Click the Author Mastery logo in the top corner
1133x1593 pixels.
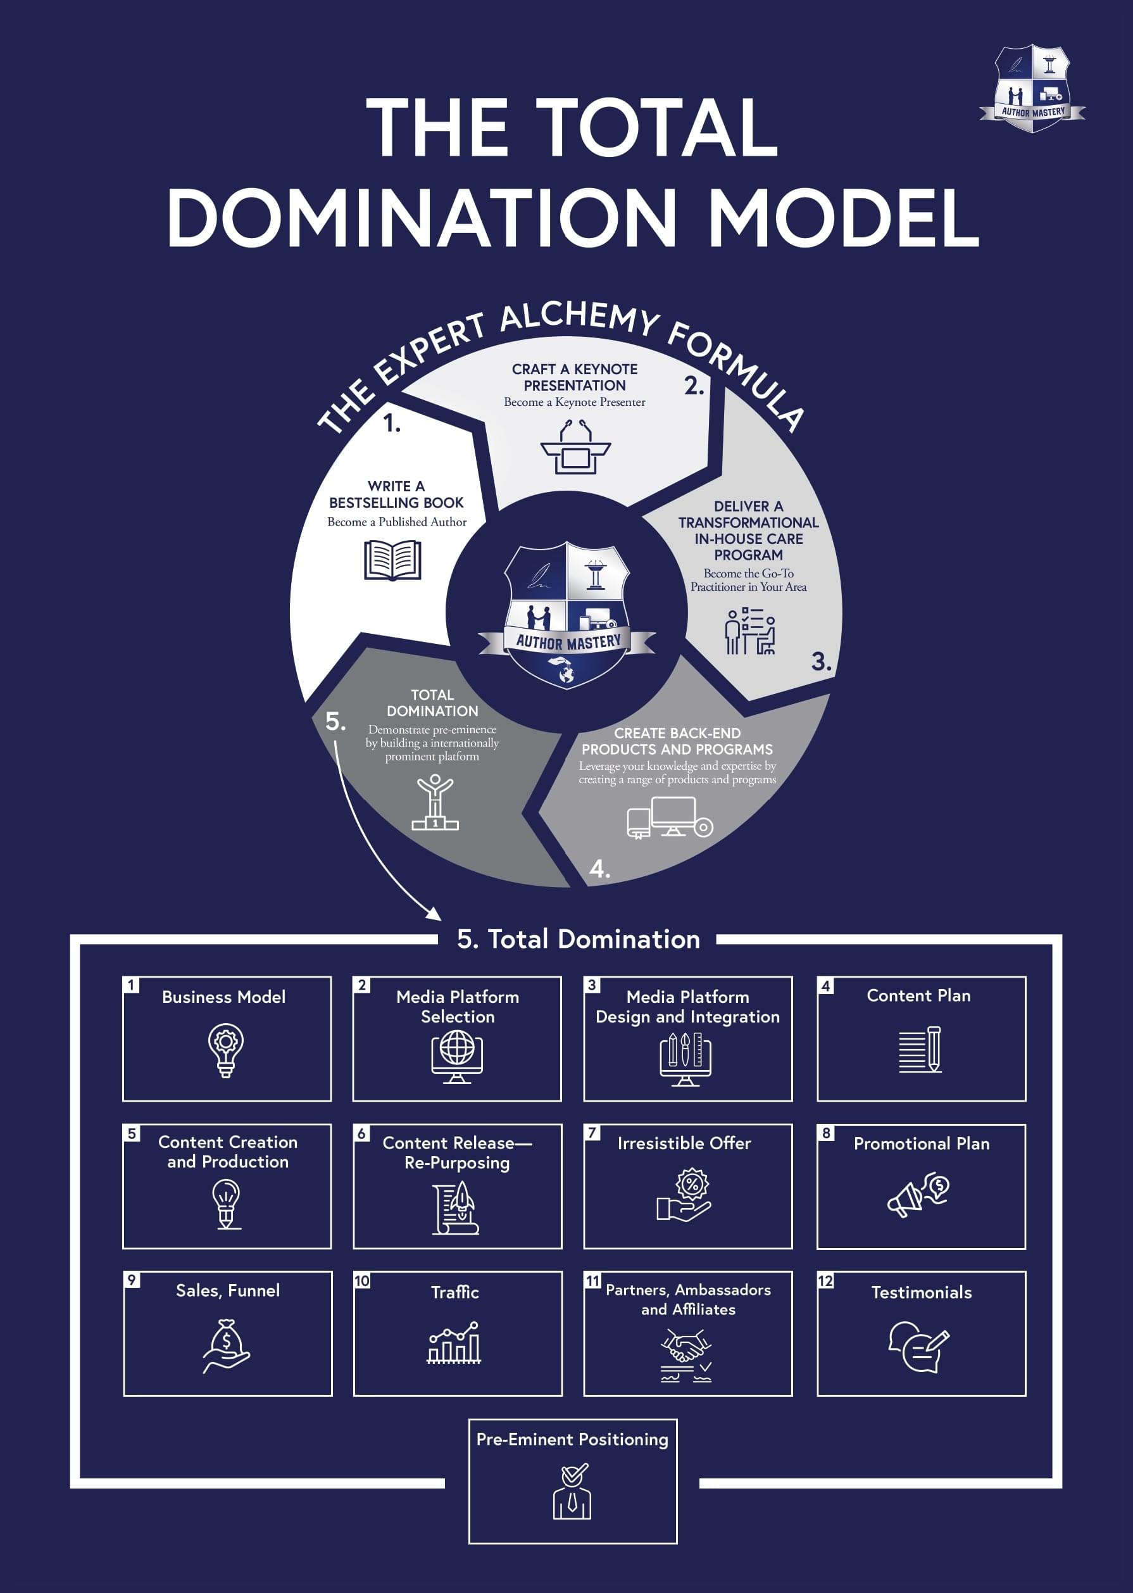1032,89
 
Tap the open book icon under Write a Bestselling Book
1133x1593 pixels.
393,560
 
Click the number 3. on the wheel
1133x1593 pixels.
821,661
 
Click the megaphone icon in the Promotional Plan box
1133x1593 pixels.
918,1195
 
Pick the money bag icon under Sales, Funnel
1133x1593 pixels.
227,1345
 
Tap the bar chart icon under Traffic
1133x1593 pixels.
454,1342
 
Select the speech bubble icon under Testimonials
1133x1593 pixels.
918,1347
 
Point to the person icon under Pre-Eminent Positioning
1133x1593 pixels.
572,1492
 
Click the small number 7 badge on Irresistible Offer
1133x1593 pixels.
592,1133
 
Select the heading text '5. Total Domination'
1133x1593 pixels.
579,939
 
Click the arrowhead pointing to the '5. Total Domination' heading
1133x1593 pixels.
434,914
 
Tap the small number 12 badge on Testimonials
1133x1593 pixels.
825,1281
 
